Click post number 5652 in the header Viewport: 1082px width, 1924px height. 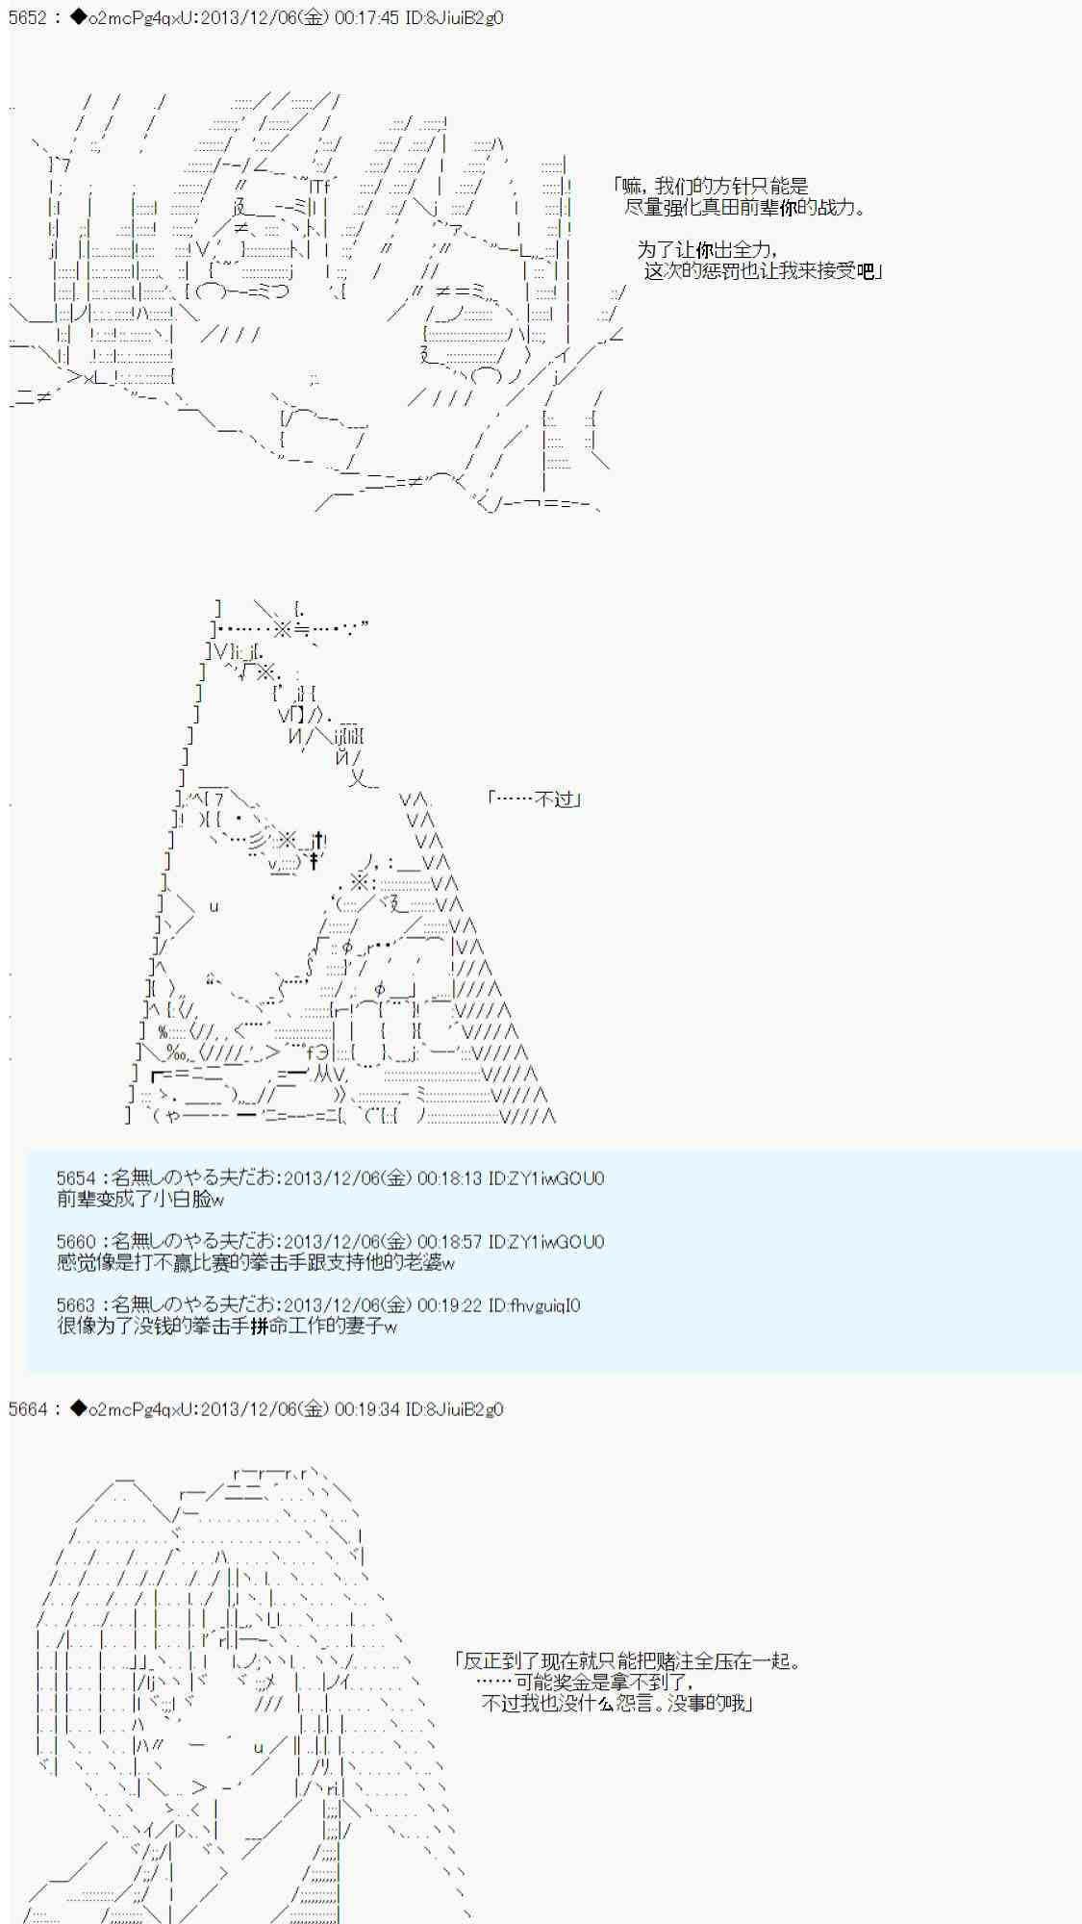point(27,17)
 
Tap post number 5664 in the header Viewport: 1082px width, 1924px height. point(27,1409)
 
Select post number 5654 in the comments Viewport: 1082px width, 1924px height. point(76,1178)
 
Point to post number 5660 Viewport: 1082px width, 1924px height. point(76,1242)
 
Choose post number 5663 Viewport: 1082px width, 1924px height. point(76,1305)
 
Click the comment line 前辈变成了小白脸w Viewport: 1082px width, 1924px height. point(140,1200)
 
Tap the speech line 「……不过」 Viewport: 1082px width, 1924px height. point(535,799)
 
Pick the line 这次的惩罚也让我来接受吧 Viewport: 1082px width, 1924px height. point(763,271)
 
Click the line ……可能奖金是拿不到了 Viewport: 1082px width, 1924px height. point(585,1683)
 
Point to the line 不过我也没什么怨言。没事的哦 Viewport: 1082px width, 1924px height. point(616,1704)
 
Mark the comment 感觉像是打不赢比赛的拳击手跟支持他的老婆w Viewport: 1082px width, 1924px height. point(256,1263)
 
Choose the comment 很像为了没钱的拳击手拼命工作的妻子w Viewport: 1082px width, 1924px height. point(227,1327)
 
